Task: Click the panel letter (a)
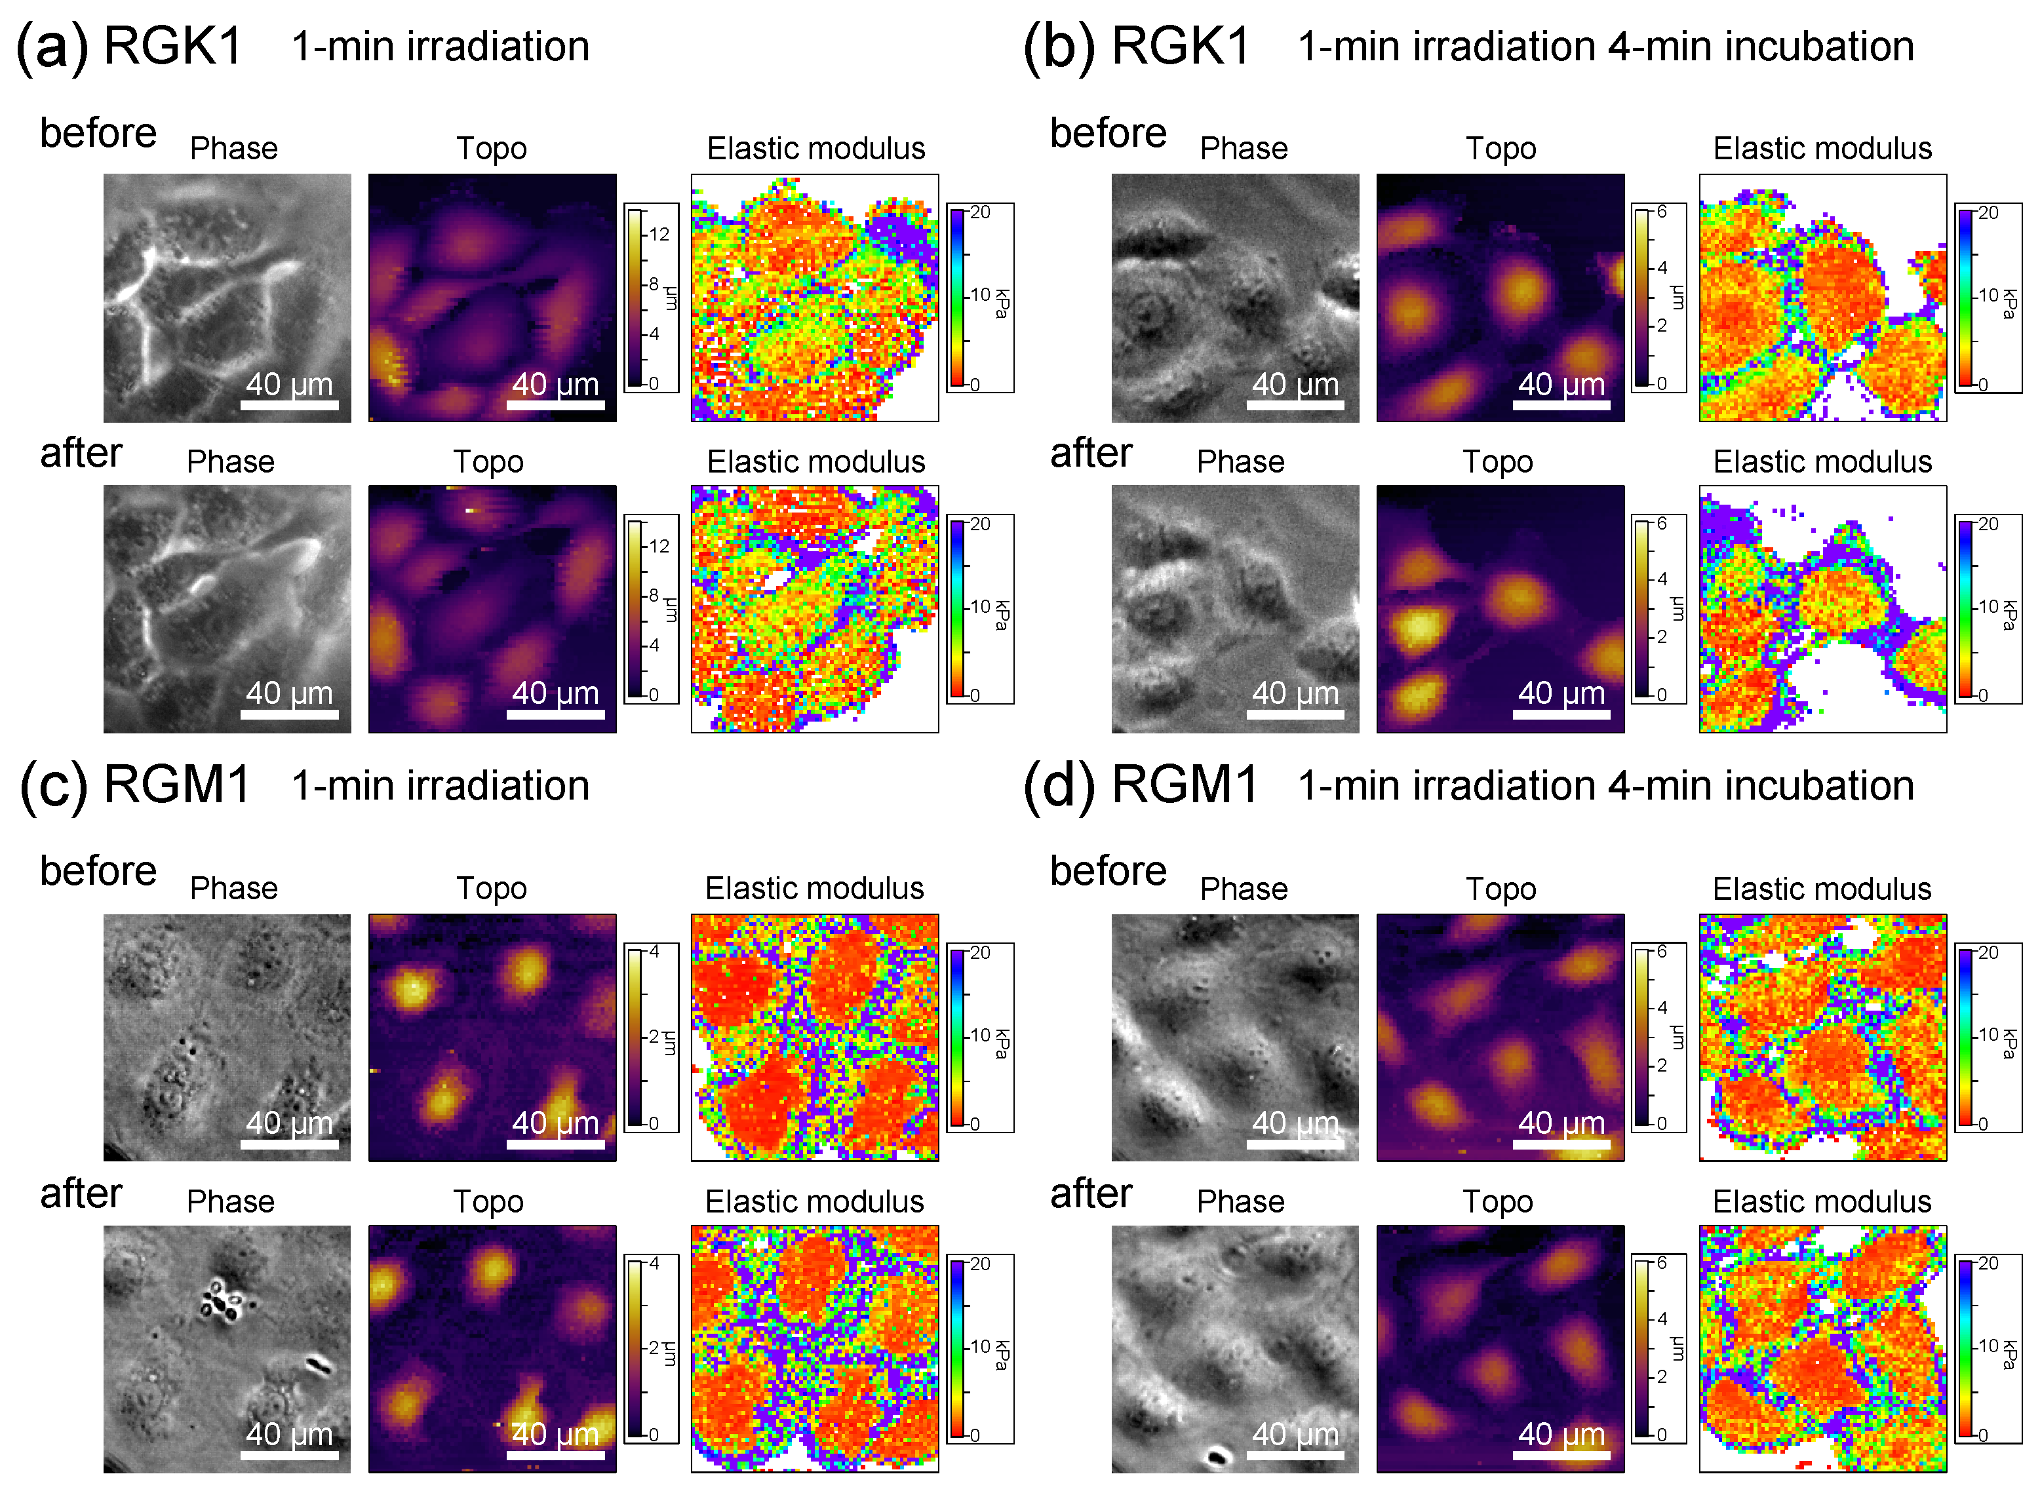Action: [x=52, y=47]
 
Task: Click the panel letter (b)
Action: [x=1059, y=47]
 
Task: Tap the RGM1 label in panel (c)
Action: [x=177, y=784]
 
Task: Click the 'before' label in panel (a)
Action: [x=98, y=133]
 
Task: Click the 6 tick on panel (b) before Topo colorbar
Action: [x=1661, y=212]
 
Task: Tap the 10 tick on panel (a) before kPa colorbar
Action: [x=981, y=295]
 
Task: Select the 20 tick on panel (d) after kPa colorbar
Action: [x=1988, y=1264]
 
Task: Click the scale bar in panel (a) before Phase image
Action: [x=289, y=405]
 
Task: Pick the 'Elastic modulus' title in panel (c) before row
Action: [x=814, y=888]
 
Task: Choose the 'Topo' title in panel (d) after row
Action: [x=1498, y=1202]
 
